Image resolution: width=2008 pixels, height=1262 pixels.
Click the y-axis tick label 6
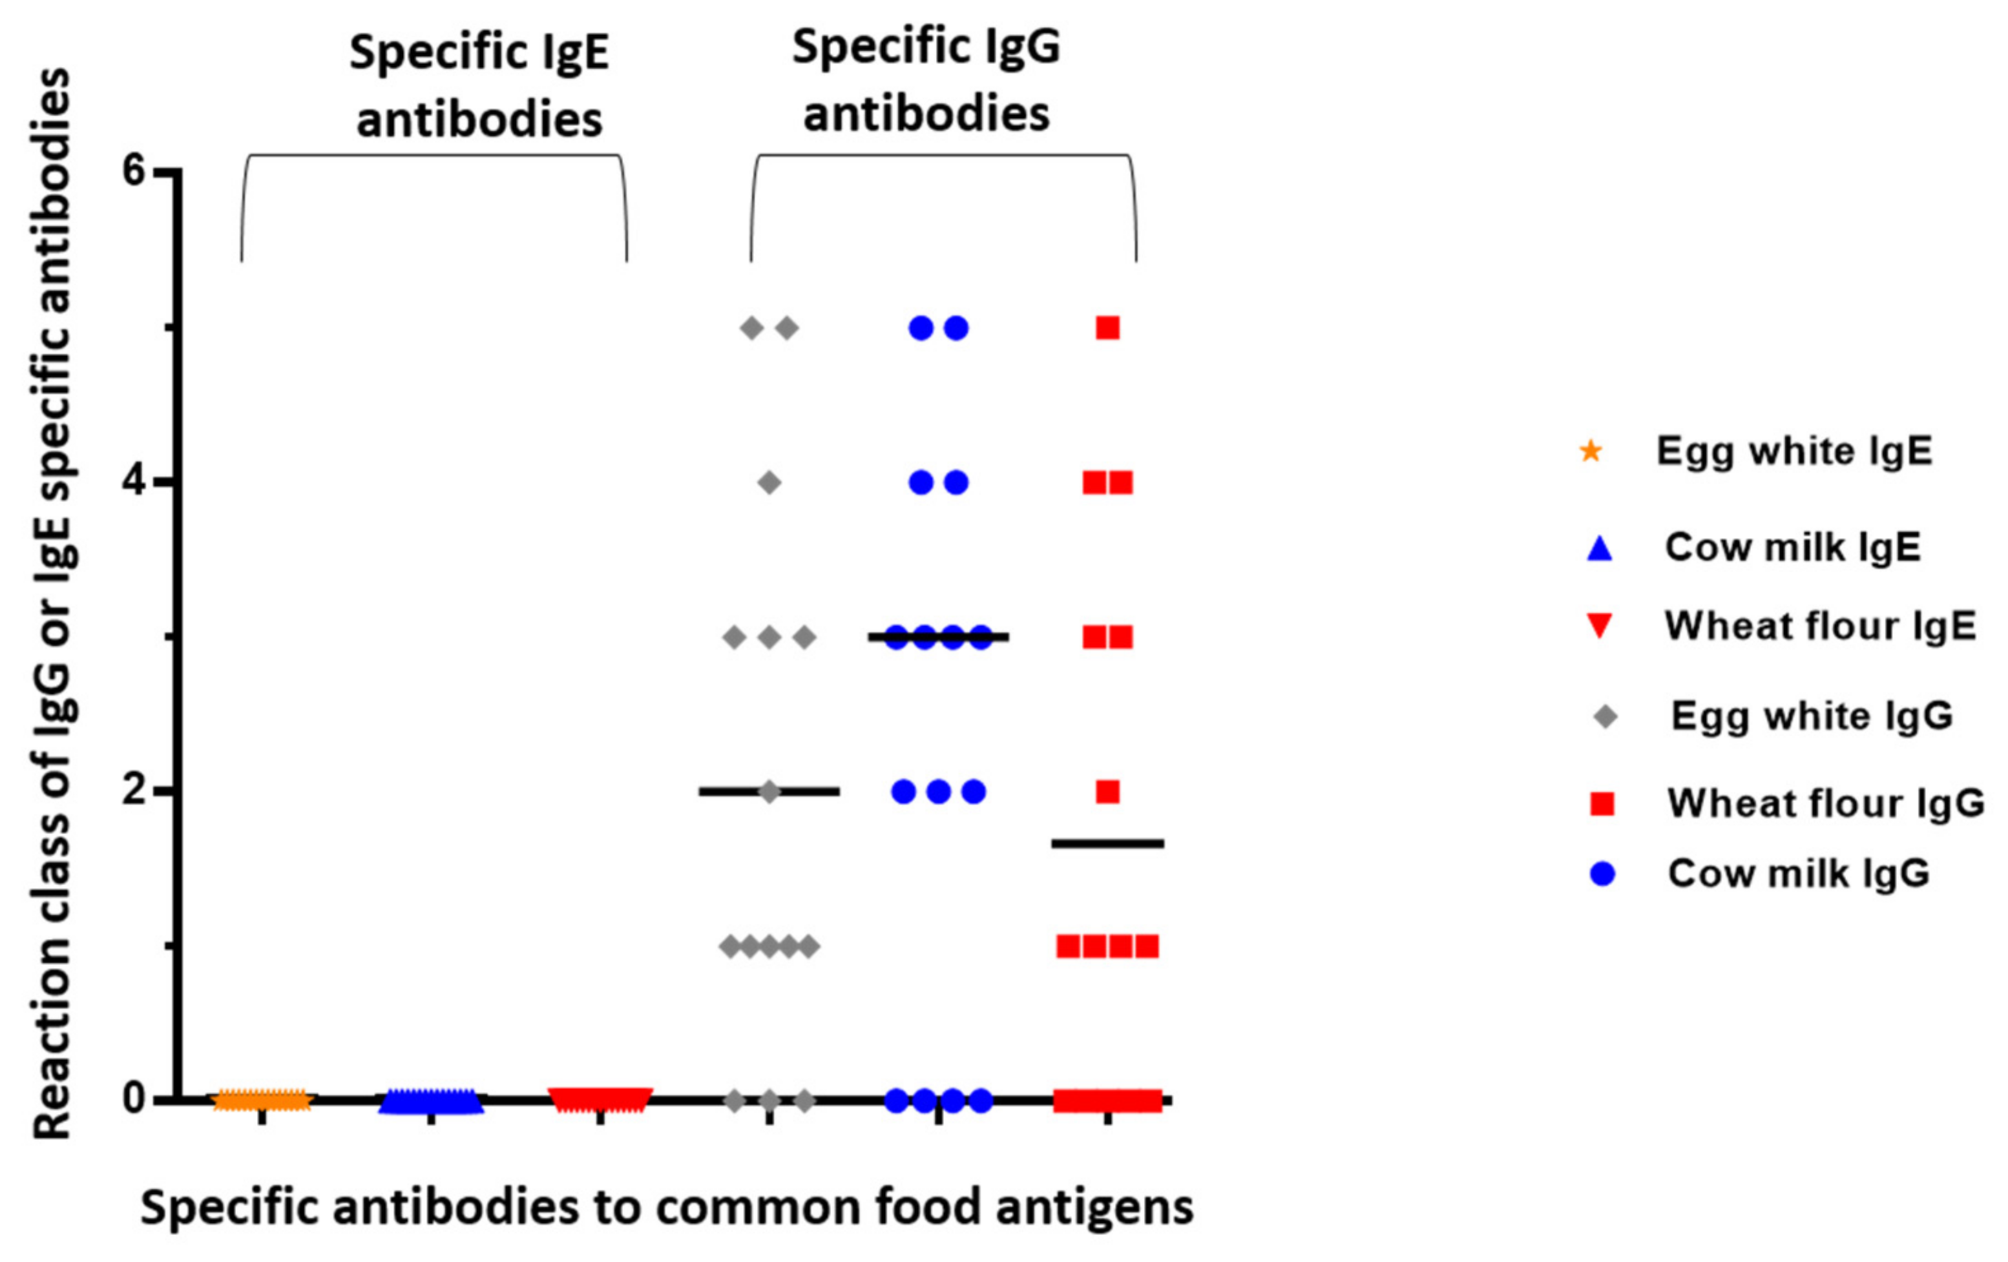[134, 171]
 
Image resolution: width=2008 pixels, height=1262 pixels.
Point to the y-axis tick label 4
[134, 482]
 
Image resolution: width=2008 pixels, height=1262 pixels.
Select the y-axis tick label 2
[134, 791]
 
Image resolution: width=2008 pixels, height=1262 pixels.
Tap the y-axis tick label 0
[134, 1099]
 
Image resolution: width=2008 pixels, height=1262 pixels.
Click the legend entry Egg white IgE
[1794, 451]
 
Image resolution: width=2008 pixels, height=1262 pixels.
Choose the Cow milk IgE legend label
[1793, 547]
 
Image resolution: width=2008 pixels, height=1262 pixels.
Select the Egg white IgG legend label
[1812, 716]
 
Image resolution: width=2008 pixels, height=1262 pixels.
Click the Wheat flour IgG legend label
[1826, 803]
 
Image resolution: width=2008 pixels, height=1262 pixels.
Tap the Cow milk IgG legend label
[1799, 873]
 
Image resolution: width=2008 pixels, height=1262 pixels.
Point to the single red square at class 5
[1107, 328]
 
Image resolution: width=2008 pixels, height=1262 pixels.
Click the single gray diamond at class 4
[770, 482]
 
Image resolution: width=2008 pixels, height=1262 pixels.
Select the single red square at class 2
[1107, 792]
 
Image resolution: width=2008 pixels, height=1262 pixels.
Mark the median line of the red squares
[1107, 844]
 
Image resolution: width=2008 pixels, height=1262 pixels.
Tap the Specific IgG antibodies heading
[925, 80]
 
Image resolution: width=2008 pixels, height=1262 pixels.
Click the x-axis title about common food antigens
[667, 1207]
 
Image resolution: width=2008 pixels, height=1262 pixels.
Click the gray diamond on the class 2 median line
[770, 792]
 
